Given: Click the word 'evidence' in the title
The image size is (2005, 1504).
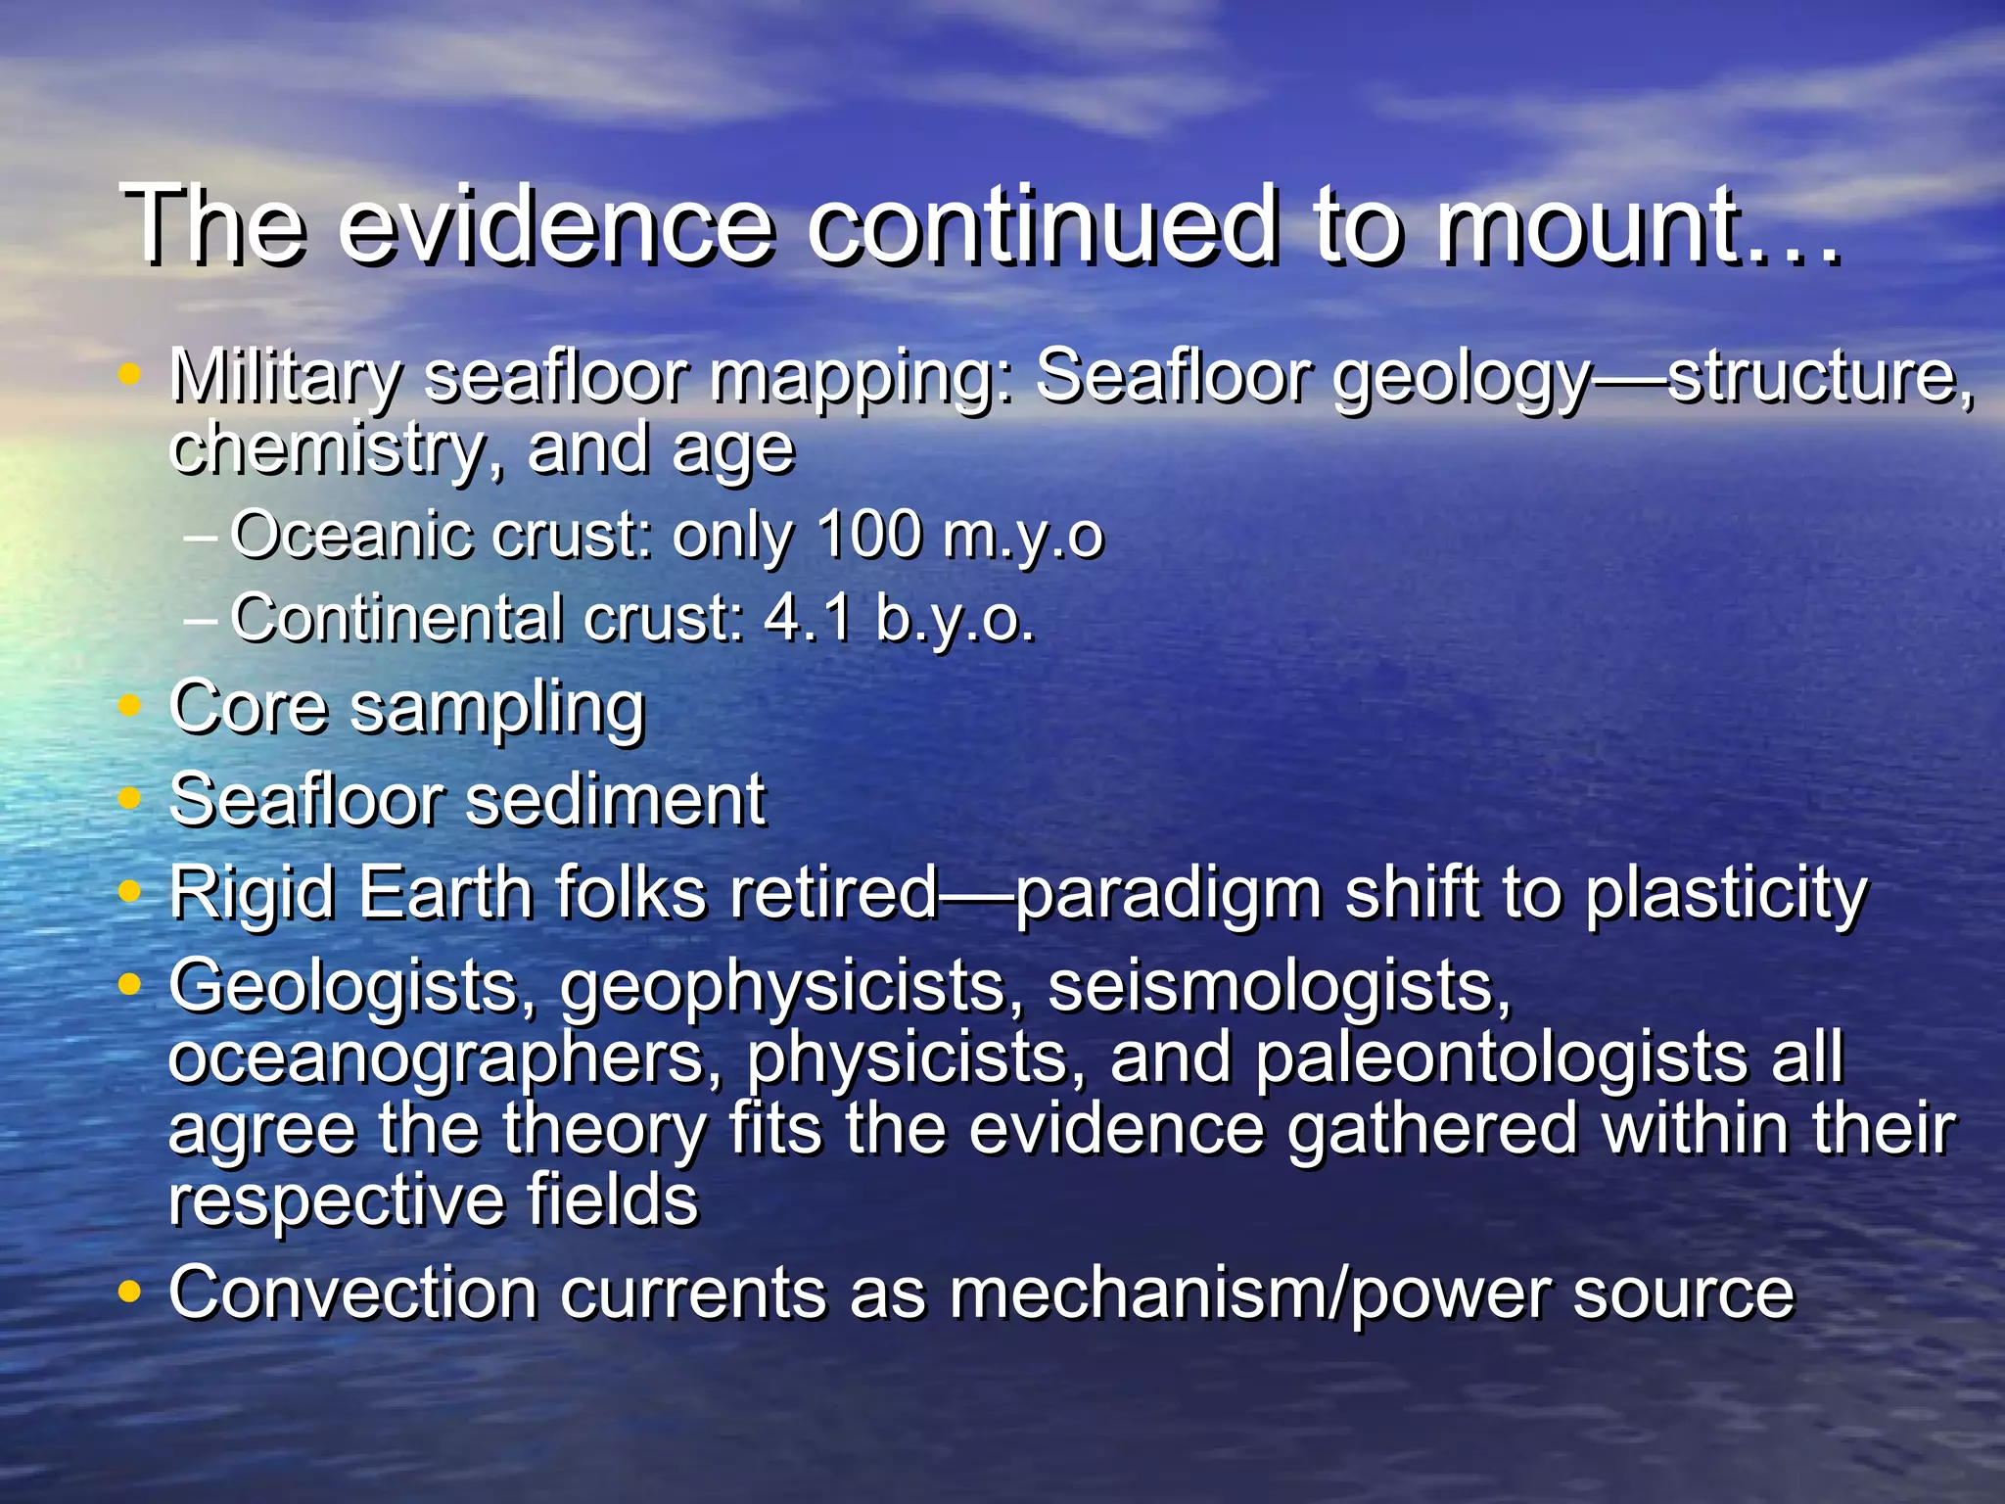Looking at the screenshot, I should coord(558,227).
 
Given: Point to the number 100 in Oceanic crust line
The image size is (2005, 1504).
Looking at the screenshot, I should coord(868,536).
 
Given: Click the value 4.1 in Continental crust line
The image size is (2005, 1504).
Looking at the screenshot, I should coord(807,619).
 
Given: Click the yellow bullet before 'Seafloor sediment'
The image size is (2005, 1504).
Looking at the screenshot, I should coord(129,799).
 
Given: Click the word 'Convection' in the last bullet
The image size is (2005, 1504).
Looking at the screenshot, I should coord(352,1292).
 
